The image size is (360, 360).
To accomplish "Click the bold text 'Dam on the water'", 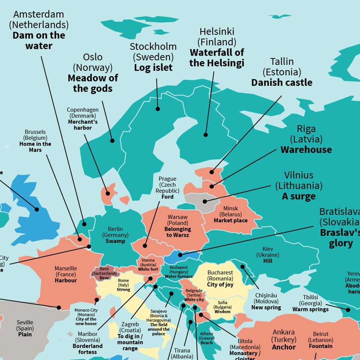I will pos(39,40).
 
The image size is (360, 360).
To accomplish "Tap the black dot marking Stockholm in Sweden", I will pos(158,109).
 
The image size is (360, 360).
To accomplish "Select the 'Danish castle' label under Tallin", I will pos(282,82).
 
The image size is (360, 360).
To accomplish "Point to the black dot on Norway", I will pos(112,141).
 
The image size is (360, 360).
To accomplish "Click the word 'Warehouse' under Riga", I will pos(306,150).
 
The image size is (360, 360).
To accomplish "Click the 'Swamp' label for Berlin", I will pos(115,241).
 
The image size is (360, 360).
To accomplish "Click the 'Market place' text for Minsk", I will pos(231,220).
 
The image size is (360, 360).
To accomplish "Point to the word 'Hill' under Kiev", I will pos(268,261).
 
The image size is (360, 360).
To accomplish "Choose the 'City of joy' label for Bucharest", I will pos(220,285).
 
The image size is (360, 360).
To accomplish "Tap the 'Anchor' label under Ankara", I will pos(284,347).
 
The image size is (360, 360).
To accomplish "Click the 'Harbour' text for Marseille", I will pos(66,280).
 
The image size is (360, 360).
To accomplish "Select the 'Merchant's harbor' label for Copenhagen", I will pos(83,125).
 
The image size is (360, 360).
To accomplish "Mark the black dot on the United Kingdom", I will pos(37,209).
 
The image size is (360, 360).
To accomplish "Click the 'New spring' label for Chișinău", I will pos(266,307).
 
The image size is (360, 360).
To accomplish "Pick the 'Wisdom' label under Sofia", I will pos(222,312).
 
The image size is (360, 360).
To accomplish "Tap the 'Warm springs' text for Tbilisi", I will pos(310,309).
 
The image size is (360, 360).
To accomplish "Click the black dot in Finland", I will pos(205,135).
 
